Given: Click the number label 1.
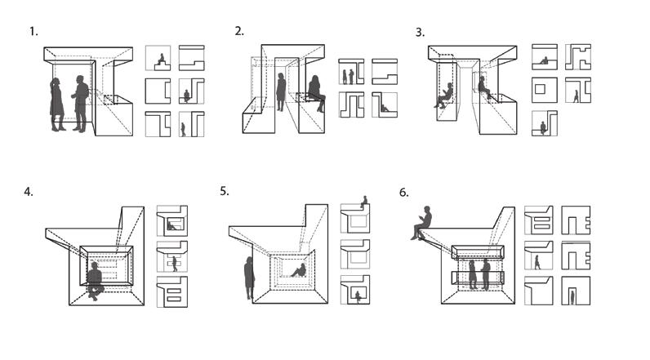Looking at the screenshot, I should click(34, 32).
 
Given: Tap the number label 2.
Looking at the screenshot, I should click(239, 31).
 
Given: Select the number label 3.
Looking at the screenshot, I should click(420, 33).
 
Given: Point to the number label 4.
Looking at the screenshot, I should click(29, 193).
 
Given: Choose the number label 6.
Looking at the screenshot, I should click(403, 193).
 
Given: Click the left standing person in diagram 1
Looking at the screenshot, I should click(57, 104).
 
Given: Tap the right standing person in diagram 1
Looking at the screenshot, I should click(80, 103).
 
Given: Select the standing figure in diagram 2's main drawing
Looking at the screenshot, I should click(281, 91).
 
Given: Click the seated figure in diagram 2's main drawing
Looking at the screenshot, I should click(314, 93).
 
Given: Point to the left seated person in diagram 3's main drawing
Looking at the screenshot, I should click(444, 96).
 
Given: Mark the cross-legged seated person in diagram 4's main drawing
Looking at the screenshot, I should click(95, 280).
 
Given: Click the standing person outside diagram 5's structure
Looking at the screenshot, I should click(249, 276).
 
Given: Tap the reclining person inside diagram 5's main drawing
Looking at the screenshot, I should click(299, 270).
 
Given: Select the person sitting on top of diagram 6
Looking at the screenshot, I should click(422, 222).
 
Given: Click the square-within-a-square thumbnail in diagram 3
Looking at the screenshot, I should click(544, 89).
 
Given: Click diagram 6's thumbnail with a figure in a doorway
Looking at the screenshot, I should click(575, 291).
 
